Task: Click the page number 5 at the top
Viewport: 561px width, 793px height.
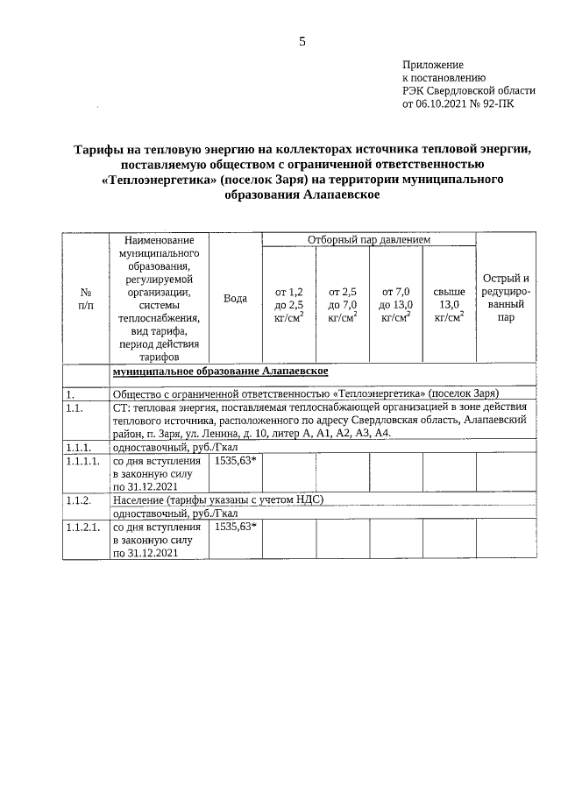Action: [302, 41]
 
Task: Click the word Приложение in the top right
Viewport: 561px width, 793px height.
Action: [432, 65]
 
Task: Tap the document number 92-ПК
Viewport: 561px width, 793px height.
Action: [497, 103]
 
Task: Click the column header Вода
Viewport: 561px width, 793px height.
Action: [235, 299]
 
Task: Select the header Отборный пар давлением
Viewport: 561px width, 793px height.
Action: [368, 239]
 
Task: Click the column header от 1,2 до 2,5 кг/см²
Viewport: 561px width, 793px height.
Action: [289, 304]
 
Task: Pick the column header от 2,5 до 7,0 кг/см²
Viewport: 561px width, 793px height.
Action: [342, 304]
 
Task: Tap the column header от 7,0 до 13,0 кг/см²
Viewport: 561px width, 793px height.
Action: [395, 304]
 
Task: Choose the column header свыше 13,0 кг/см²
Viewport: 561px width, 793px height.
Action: [449, 304]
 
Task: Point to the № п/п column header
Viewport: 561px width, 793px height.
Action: [86, 298]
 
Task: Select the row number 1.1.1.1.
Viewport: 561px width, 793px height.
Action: [84, 460]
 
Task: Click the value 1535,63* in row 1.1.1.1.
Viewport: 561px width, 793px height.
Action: [235, 459]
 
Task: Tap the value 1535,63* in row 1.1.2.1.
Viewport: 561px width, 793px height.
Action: [235, 527]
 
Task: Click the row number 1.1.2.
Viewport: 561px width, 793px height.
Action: [79, 499]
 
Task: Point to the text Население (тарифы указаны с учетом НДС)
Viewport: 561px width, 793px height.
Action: [218, 499]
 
